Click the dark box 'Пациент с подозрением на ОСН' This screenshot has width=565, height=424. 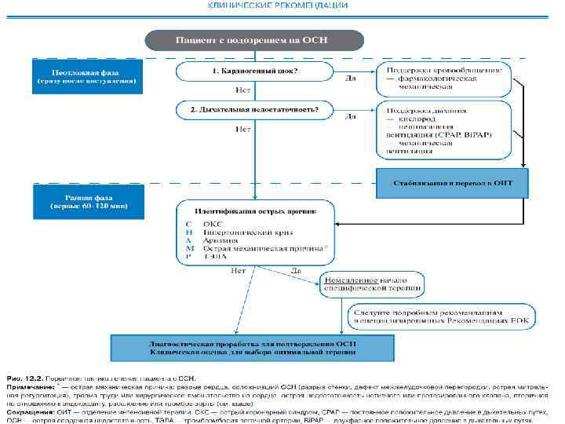coord(253,40)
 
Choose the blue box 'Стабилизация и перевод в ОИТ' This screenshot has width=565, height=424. coord(453,182)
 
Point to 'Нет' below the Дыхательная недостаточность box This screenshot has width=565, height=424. coord(244,128)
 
